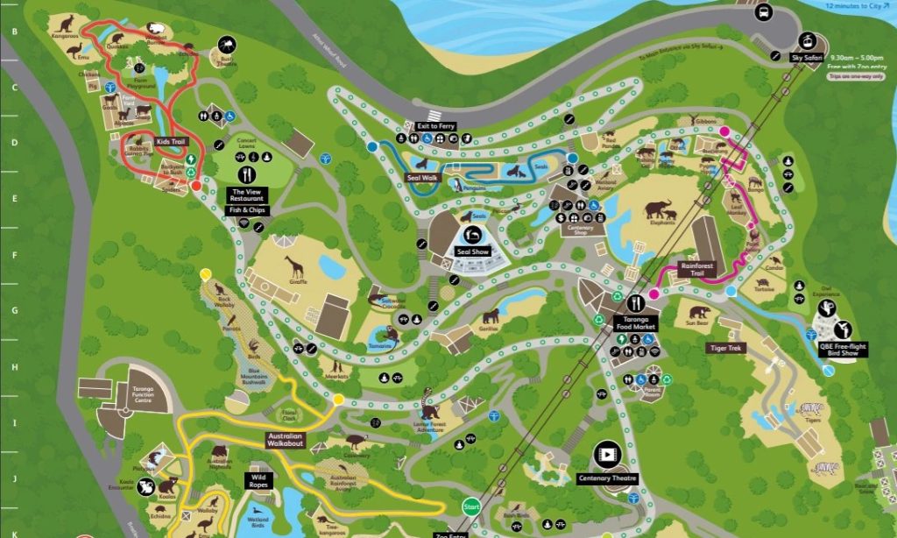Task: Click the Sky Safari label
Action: tap(808, 57)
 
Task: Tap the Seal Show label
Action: tap(473, 251)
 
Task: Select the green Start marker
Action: tap(471, 506)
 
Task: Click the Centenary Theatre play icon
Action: tap(606, 454)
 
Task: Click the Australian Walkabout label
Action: tap(289, 440)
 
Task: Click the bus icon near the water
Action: tap(763, 12)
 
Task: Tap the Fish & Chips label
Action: tap(246, 210)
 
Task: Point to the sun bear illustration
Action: tap(698, 313)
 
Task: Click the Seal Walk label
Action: tap(421, 178)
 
